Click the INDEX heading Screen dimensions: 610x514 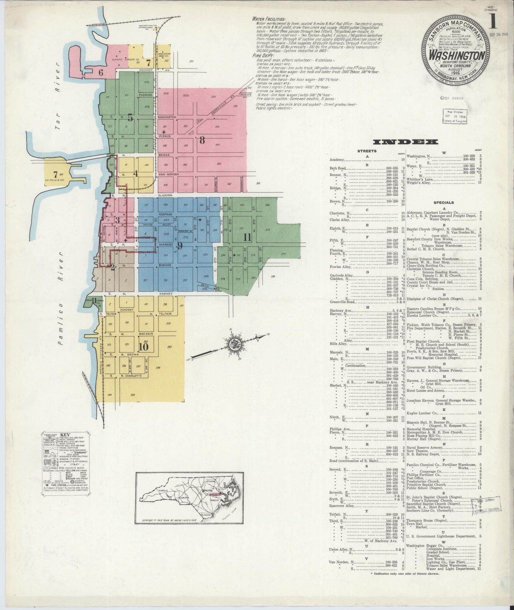point(405,142)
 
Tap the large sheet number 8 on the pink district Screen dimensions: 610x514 point(202,140)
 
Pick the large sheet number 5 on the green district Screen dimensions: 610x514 point(130,118)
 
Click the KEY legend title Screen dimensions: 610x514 point(65,435)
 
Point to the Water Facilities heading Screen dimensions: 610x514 point(268,19)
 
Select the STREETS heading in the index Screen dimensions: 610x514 point(367,151)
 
